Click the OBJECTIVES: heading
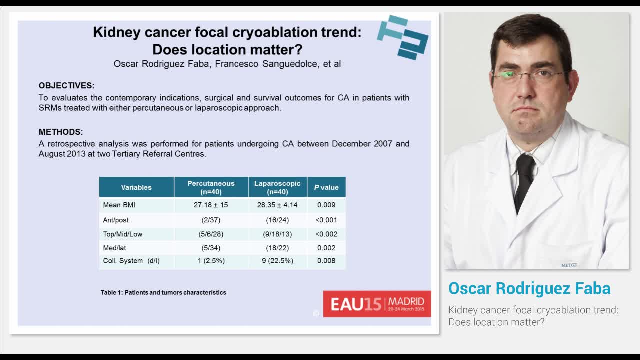(66, 86)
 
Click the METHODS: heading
(61, 132)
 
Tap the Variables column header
(136, 187)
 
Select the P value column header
(326, 187)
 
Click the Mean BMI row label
(119, 205)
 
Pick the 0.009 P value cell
(326, 205)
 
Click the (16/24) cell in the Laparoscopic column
(277, 220)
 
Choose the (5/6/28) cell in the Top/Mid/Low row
(211, 234)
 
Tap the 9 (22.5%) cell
(277, 261)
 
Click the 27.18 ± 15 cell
(211, 205)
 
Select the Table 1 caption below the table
(163, 293)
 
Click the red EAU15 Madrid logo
(377, 304)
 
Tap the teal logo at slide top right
(403, 37)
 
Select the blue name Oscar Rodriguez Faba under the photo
(529, 288)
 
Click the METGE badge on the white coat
(569, 265)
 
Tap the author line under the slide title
(227, 64)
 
